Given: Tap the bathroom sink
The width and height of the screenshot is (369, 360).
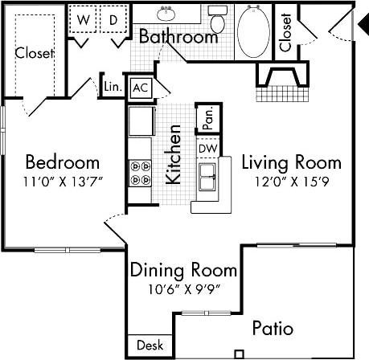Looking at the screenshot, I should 168,14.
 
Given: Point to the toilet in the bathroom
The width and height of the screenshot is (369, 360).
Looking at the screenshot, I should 217,18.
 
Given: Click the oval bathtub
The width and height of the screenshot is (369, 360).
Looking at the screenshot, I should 255,31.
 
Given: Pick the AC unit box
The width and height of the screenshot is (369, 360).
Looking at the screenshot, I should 140,88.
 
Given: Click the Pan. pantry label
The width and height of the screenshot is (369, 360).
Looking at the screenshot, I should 207,120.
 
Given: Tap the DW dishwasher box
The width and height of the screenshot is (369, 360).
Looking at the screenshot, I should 207,148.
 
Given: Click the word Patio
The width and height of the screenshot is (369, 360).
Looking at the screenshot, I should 273,329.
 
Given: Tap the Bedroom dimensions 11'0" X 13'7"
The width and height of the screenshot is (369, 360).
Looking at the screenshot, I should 61,182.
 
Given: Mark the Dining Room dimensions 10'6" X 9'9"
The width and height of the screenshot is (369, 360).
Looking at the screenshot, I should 183,289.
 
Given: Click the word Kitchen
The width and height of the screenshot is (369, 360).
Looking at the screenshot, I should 173,155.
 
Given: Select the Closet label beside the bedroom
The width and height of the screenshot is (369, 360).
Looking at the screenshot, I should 35,54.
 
